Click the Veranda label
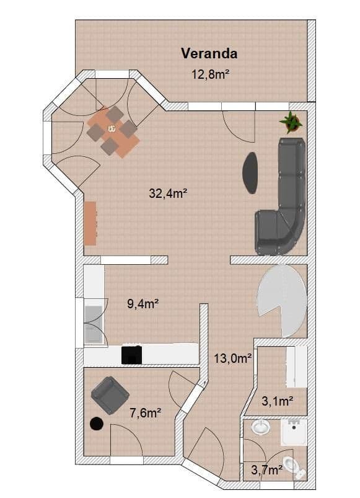[x=209, y=53]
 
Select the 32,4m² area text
[x=168, y=193]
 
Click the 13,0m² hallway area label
[x=232, y=358]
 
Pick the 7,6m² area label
[x=145, y=412]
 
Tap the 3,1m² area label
[x=277, y=402]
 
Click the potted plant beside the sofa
[x=291, y=122]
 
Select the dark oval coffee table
[x=250, y=172]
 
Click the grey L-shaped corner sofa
[x=285, y=205]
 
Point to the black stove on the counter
[x=131, y=354]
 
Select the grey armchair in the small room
[x=110, y=395]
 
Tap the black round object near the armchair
[x=97, y=424]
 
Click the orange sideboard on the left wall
[x=90, y=223]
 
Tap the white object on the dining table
[x=112, y=129]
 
